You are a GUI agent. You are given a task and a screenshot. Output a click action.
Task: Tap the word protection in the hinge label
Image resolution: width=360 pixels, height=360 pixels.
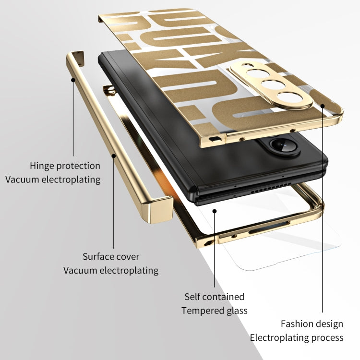78,166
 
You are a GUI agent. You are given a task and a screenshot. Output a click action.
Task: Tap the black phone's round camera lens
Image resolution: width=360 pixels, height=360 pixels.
277,144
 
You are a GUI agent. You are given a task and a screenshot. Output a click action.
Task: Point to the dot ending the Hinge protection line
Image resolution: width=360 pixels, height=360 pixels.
73,80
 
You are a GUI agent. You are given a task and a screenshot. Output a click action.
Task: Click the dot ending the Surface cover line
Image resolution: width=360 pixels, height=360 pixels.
114,156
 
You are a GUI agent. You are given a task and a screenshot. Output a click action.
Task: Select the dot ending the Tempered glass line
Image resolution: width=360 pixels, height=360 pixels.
215,210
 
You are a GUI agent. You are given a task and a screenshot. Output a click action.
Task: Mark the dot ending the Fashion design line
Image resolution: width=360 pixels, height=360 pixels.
322,106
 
